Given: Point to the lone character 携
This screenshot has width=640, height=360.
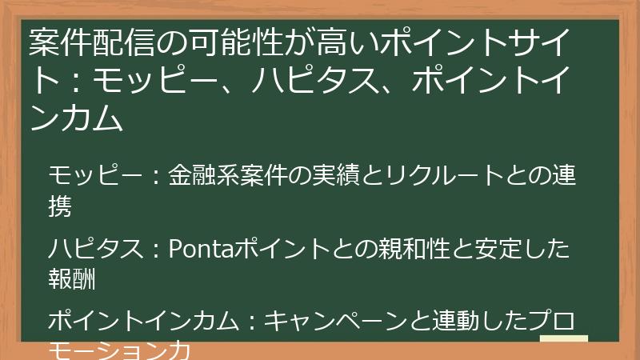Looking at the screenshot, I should pos(60,207).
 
